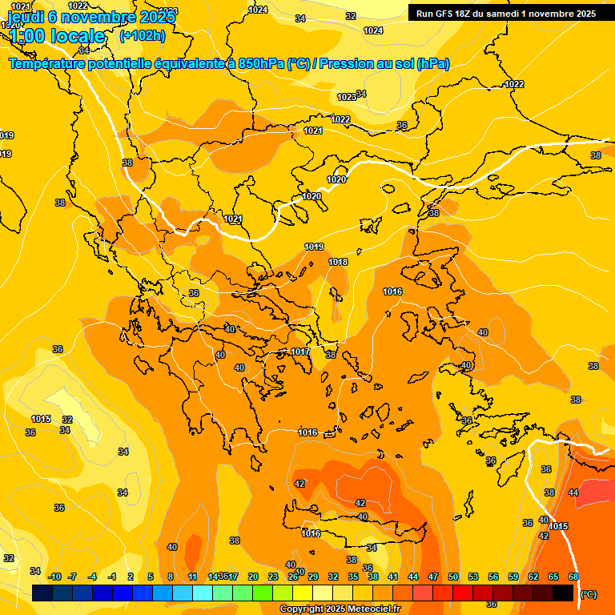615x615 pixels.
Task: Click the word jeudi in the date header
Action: click(26, 17)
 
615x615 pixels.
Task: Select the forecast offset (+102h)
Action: click(142, 36)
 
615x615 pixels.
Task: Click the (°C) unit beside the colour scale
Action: click(588, 594)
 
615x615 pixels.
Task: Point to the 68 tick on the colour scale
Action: click(573, 577)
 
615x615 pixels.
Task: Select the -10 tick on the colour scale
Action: click(54, 577)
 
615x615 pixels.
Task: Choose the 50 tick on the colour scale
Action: click(453, 577)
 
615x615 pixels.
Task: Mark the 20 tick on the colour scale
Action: click(253, 577)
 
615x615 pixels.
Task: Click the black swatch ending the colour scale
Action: click(563, 593)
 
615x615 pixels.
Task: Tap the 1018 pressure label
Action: click(338, 262)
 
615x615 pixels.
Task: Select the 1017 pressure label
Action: click(300, 352)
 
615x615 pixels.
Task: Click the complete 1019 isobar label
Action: click(314, 247)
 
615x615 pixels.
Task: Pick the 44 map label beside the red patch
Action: click(573, 492)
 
